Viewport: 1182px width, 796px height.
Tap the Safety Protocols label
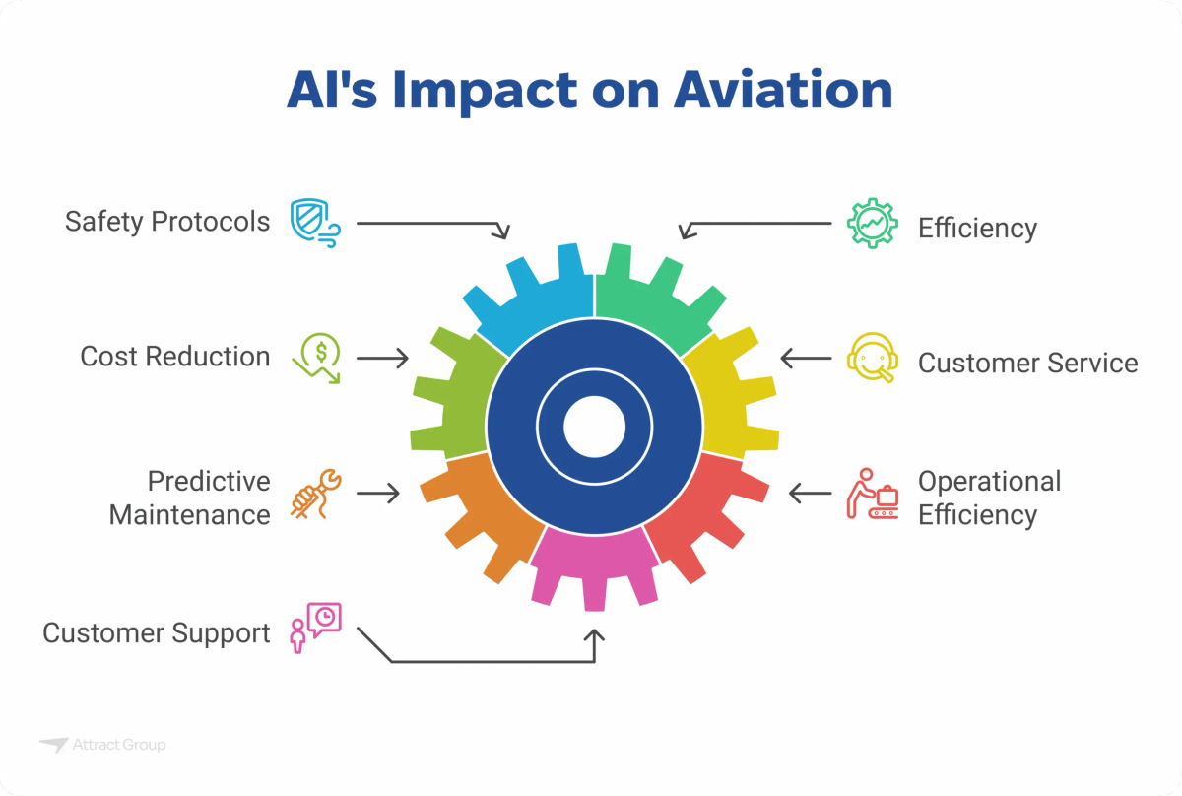tap(167, 222)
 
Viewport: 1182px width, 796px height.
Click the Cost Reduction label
tap(175, 357)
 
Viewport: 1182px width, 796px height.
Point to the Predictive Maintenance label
tap(189, 497)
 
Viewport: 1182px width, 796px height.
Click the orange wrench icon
tap(316, 494)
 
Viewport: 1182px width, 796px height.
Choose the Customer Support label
tap(156, 632)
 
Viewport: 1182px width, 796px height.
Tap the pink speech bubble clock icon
tap(316, 628)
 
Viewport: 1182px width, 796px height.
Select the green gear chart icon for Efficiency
tap(873, 225)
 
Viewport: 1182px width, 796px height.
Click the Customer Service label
tap(1027, 364)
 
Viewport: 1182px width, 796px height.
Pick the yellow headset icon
tap(873, 358)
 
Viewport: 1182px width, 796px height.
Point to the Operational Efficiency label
tap(989, 497)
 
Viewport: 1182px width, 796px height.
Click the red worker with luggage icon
tap(873, 494)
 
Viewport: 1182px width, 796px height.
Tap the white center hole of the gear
tap(594, 428)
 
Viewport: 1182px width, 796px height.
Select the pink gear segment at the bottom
tap(594, 566)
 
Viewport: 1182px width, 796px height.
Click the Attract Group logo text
tap(118, 745)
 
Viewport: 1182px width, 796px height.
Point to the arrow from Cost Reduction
tap(382, 358)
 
